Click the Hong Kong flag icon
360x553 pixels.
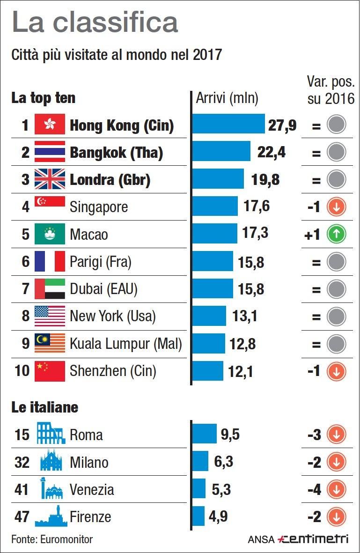50,125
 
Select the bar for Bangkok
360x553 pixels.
221,152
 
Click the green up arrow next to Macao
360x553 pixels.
336,234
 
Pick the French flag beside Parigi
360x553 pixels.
50,261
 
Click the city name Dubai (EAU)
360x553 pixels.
103,289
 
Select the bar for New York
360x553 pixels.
209,317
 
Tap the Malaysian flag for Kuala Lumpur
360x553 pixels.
50,344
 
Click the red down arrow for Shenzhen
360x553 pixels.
336,371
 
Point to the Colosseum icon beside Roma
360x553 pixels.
51,435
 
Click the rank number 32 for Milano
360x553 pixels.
22,462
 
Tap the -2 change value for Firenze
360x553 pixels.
314,517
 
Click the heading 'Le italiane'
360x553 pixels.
44,407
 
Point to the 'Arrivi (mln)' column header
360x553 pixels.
227,98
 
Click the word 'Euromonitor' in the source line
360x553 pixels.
67,539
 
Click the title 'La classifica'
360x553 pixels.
95,22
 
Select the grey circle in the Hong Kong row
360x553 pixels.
336,125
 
